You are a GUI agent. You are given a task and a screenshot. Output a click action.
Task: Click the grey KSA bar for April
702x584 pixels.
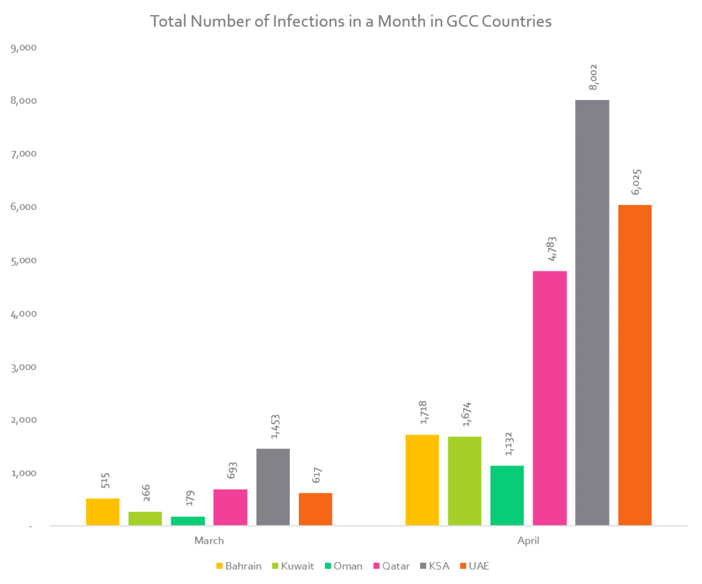coord(592,313)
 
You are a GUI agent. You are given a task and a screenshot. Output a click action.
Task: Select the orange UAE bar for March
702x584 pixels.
coord(315,509)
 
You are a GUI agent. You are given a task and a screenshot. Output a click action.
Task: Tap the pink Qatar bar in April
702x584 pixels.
coord(550,398)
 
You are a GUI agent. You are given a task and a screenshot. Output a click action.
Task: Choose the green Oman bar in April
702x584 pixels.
coord(507,496)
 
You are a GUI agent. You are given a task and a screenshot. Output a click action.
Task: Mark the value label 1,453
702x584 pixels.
coord(274,426)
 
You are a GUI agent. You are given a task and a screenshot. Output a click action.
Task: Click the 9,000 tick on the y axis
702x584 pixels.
coord(23,48)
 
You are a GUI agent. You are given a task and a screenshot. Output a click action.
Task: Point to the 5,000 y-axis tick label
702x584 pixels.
coord(23,260)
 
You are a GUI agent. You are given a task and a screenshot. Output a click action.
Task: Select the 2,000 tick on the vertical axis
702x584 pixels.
coord(23,419)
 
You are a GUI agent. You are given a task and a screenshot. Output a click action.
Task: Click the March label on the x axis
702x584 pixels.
coord(209,541)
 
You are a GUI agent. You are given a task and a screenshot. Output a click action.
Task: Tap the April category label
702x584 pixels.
coord(529,541)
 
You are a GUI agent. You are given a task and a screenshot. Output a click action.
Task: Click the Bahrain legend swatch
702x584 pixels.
coord(220,566)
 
